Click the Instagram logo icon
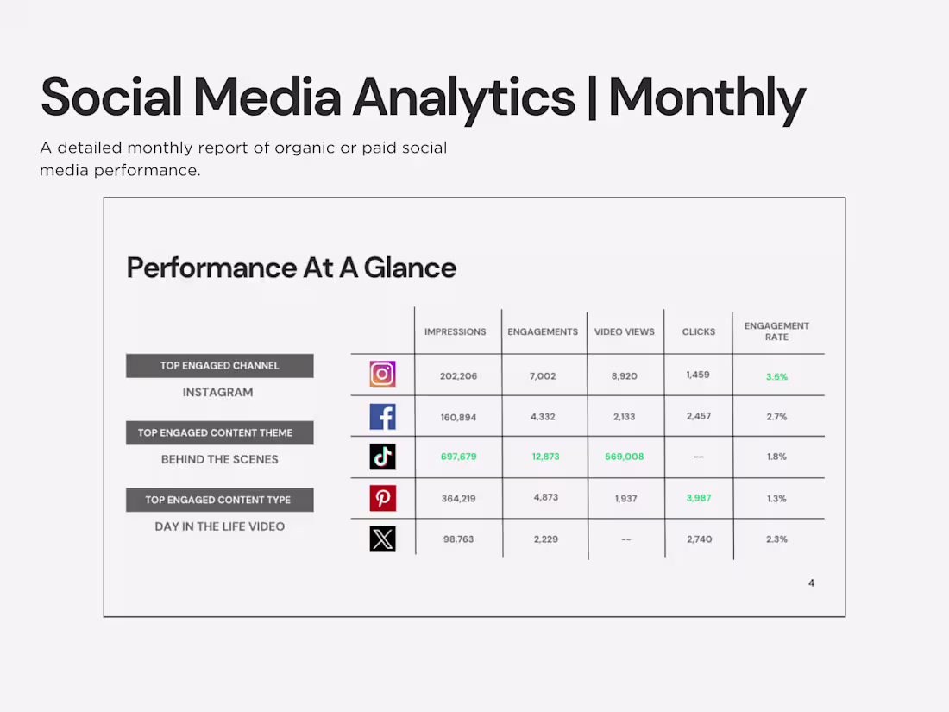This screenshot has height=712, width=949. tap(382, 374)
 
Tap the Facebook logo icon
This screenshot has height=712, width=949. tap(382, 417)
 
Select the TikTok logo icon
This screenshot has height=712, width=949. tap(382, 457)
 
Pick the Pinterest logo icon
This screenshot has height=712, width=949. tap(382, 498)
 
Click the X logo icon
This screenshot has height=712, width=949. tap(382, 539)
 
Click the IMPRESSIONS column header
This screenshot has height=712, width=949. tap(455, 331)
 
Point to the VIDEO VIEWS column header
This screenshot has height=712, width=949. tap(625, 331)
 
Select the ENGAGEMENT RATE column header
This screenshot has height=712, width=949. tap(776, 331)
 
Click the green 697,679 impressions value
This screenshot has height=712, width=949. tap(458, 457)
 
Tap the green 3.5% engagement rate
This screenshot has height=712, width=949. tap(776, 377)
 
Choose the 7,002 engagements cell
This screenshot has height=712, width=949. tap(544, 376)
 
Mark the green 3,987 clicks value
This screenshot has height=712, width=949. tap(699, 498)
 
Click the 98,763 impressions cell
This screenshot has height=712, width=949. tap(459, 539)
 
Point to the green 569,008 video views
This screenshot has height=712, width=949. tap(624, 457)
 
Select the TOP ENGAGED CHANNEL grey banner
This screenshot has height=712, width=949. tap(219, 366)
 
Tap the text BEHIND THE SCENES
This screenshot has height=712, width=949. tap(219, 459)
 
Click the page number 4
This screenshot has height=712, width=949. tap(811, 583)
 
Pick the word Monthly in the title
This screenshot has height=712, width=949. tap(707, 97)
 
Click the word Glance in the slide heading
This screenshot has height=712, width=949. tap(410, 268)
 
